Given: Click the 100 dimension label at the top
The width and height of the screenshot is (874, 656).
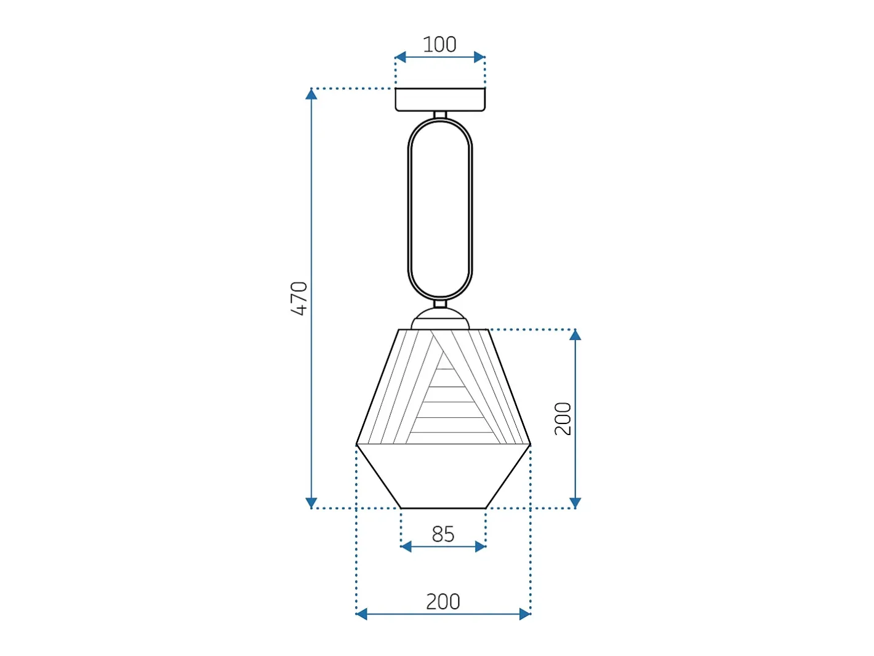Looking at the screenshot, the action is click(x=439, y=44).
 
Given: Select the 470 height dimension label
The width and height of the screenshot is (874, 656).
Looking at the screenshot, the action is click(x=299, y=298).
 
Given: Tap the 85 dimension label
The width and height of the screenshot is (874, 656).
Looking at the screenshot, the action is click(x=443, y=534).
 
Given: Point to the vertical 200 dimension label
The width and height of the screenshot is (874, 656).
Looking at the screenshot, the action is click(x=563, y=418).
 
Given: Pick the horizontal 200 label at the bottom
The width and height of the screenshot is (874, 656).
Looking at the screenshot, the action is click(x=443, y=601).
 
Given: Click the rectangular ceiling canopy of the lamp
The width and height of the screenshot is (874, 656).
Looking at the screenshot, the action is click(x=440, y=100).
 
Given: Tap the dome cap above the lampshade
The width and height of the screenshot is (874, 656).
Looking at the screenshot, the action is click(x=440, y=319).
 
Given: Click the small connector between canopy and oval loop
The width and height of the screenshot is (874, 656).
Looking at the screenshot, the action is click(x=440, y=114).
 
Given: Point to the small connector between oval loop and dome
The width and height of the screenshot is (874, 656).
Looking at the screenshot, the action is click(x=440, y=304).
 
